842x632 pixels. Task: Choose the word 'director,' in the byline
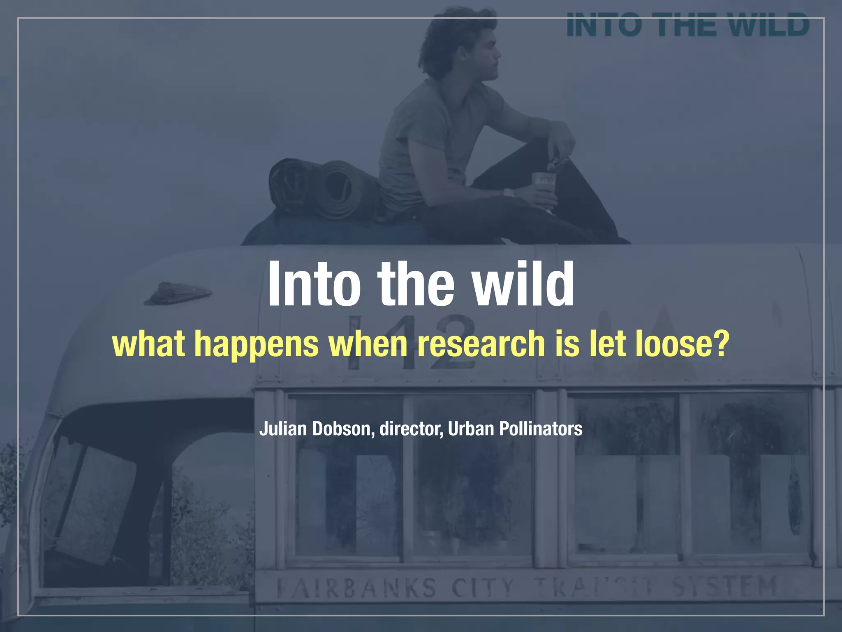(x=411, y=429)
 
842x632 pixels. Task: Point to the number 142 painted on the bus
(x=411, y=342)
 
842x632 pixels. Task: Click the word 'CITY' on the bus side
(x=483, y=588)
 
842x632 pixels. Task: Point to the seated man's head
(x=460, y=45)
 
